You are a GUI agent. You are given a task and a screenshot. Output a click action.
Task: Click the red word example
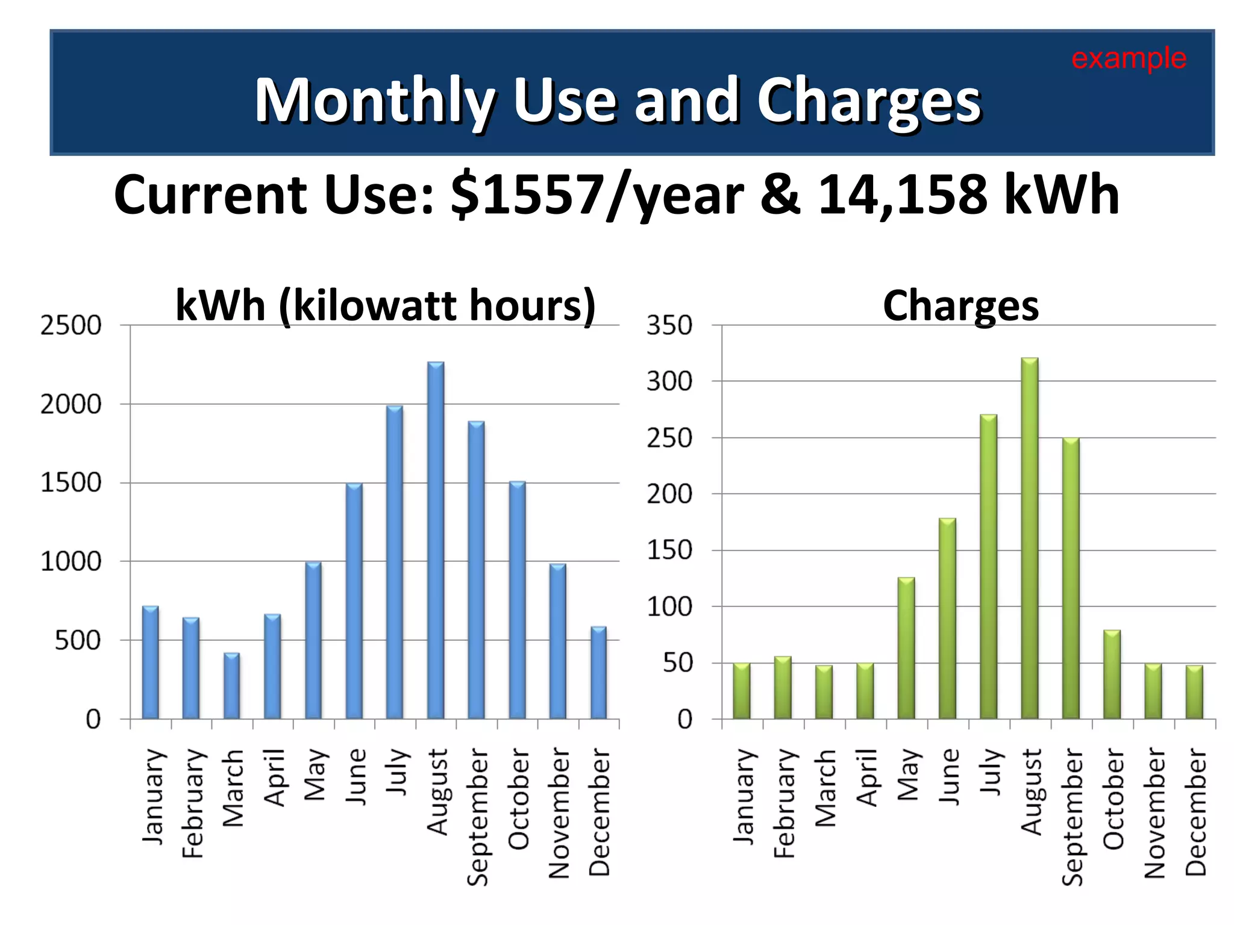[x=1129, y=58]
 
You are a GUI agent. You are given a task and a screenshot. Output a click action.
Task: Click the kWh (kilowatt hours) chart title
[x=386, y=305]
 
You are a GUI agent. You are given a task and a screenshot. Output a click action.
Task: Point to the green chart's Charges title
[x=960, y=306]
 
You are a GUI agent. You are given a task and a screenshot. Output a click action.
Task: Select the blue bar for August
[x=436, y=542]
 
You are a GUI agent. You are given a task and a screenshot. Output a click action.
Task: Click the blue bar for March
[x=232, y=687]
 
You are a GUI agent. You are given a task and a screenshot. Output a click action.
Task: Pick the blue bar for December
[x=598, y=673]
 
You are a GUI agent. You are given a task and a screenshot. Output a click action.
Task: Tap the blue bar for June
[x=354, y=602]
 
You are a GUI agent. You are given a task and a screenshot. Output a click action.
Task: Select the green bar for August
[x=1030, y=539]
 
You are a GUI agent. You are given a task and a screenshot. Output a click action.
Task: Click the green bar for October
[x=1112, y=674]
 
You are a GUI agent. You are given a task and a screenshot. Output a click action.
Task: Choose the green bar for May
[x=906, y=649]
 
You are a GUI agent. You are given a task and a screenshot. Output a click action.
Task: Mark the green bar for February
[x=783, y=688]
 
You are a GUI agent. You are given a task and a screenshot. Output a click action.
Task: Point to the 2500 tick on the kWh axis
[x=70, y=326]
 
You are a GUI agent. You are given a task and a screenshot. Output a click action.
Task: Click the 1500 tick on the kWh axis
[x=70, y=483]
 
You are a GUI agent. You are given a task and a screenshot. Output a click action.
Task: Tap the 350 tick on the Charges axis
[x=669, y=326]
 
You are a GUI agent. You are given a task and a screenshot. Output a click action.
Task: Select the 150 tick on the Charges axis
[x=669, y=550]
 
